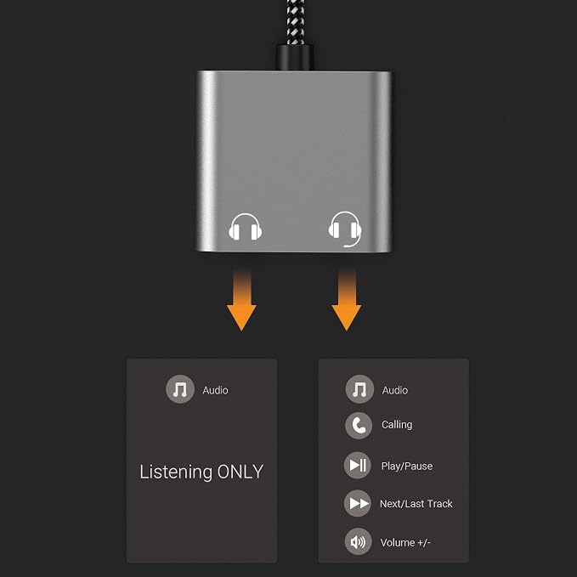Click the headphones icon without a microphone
click(x=245, y=227)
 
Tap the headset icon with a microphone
click(x=345, y=228)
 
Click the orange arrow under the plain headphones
click(x=241, y=300)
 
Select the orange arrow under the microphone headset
click(x=346, y=300)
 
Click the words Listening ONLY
click(x=201, y=472)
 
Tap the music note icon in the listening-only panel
click(x=180, y=389)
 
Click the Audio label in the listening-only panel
click(x=215, y=390)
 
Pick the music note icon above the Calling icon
click(x=359, y=389)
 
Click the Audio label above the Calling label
click(x=395, y=390)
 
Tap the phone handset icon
click(x=359, y=426)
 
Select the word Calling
click(x=397, y=425)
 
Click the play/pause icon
click(x=358, y=465)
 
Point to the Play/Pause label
click(x=407, y=467)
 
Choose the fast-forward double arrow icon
click(x=358, y=503)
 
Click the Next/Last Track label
click(x=416, y=503)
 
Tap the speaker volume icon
click(x=358, y=541)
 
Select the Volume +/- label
click(x=405, y=542)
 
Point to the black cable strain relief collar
click(x=294, y=57)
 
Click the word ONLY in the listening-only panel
click(x=240, y=472)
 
